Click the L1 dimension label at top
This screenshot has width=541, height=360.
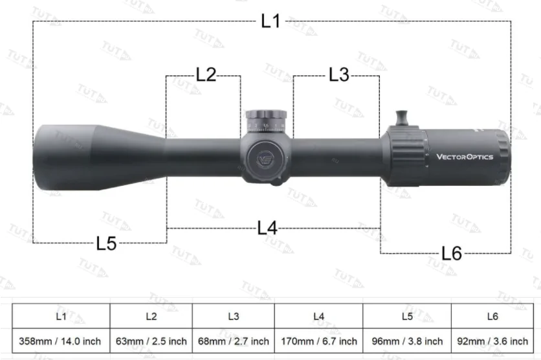pyautogui.click(x=270, y=21)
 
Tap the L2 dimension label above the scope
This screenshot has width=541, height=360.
pyautogui.click(x=206, y=74)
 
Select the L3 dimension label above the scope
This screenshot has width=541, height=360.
pyautogui.click(x=338, y=74)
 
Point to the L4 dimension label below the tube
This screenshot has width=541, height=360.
pyautogui.click(x=267, y=228)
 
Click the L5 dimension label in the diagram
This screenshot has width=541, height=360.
pyautogui.click(x=106, y=243)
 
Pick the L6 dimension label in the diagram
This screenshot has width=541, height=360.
pyautogui.click(x=451, y=253)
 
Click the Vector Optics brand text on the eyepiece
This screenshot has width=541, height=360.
pyautogui.click(x=465, y=157)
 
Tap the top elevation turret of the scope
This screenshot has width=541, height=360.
pyautogui.click(x=266, y=120)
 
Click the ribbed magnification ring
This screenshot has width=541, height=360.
pyautogui.click(x=406, y=155)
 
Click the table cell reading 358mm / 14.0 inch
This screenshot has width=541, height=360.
pyautogui.click(x=60, y=341)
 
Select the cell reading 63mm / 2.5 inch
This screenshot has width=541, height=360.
pyautogui.click(x=151, y=341)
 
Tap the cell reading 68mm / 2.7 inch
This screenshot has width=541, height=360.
pyautogui.click(x=234, y=341)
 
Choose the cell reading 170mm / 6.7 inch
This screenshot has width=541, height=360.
pyautogui.click(x=318, y=341)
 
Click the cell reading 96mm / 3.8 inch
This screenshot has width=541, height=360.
pyautogui.click(x=406, y=341)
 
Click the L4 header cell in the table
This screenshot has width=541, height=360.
pyautogui.click(x=318, y=317)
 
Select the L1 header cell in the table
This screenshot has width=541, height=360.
pyautogui.click(x=60, y=317)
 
